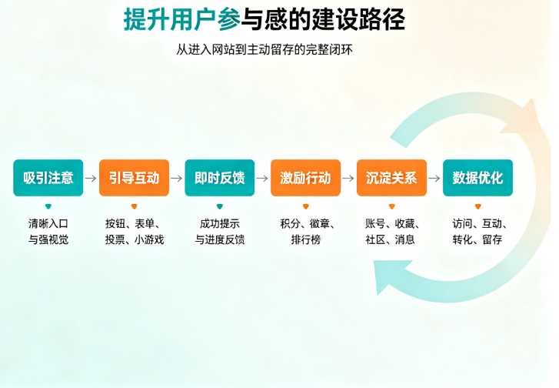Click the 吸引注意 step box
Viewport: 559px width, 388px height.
click(x=48, y=178)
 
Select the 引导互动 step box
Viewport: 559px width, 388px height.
click(x=134, y=178)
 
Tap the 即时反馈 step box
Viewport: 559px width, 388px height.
click(x=220, y=178)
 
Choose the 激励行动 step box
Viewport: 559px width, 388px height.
click(x=305, y=178)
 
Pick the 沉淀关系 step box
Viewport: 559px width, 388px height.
click(x=392, y=178)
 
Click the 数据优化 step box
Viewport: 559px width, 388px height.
click(x=477, y=178)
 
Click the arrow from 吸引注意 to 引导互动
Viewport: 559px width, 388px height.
click(x=91, y=178)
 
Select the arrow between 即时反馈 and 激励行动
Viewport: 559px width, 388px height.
click(x=262, y=178)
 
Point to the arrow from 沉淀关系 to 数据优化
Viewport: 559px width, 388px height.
click(x=434, y=178)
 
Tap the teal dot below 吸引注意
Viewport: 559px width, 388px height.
click(x=48, y=206)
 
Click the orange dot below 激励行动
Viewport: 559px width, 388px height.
click(x=305, y=206)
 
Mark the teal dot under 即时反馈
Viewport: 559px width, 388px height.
click(x=220, y=206)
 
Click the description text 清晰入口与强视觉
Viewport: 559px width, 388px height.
click(x=48, y=231)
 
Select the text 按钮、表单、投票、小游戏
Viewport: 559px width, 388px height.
click(x=135, y=231)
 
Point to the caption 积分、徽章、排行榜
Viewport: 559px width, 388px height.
click(x=308, y=231)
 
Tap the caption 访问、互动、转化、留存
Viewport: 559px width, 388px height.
click(x=480, y=231)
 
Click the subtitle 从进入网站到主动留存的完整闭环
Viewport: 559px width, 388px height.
click(x=265, y=49)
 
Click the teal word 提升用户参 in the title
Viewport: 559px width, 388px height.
click(x=181, y=19)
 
